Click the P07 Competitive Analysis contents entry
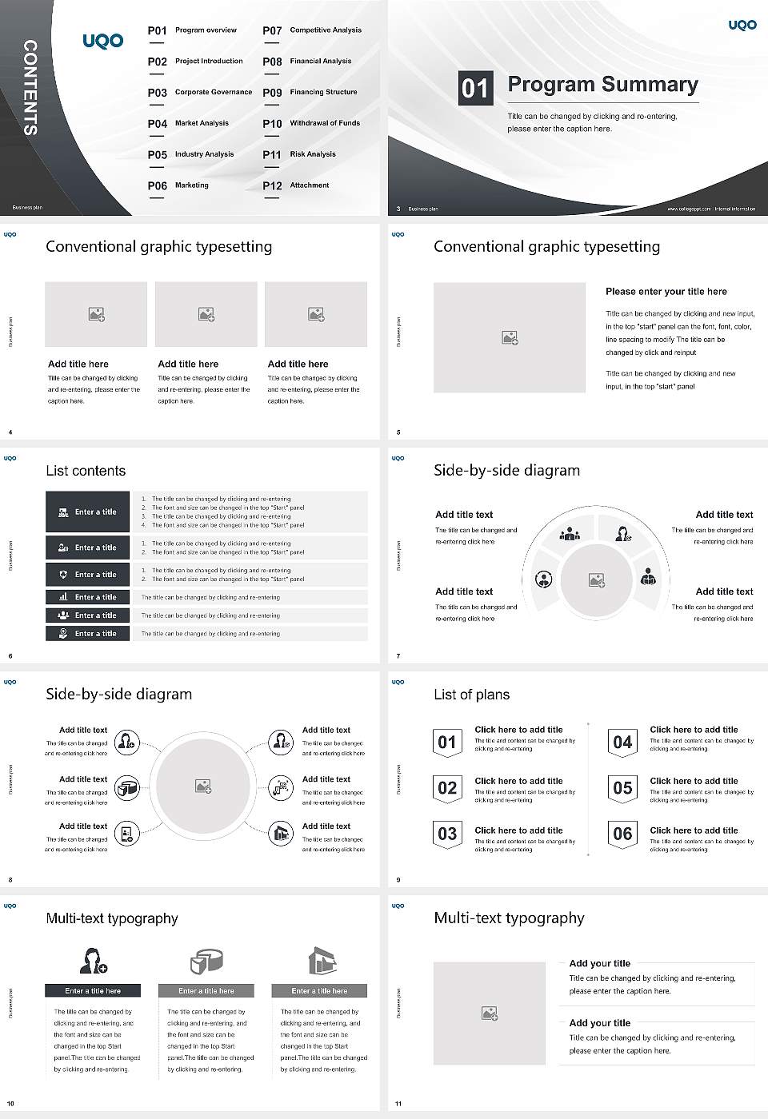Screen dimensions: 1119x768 312,30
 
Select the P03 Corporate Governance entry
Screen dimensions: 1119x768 200,93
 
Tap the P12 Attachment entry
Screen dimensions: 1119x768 296,185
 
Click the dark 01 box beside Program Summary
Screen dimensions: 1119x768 474,87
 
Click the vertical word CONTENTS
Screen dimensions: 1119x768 30,87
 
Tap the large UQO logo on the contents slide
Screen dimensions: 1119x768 103,40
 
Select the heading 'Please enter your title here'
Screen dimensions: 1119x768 666,292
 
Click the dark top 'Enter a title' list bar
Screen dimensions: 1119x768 88,512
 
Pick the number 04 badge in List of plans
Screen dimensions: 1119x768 622,743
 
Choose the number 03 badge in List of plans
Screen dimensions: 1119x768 447,834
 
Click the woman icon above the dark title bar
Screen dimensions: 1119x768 93,960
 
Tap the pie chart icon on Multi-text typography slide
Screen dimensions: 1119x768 206,961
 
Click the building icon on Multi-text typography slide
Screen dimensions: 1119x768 321,961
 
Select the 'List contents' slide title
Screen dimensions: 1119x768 86,471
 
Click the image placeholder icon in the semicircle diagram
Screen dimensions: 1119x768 597,579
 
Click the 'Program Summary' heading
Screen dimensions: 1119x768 602,85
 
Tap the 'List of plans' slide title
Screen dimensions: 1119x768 471,695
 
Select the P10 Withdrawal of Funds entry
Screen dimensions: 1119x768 311,124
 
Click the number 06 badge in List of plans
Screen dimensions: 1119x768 622,834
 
